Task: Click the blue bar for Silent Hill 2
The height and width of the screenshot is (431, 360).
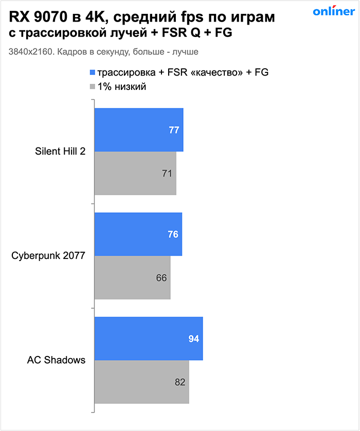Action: tap(139, 130)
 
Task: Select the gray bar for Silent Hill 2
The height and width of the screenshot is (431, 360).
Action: tap(135, 173)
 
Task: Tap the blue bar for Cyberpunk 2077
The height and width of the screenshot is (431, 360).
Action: tap(138, 234)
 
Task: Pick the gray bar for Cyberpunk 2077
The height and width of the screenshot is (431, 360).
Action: tap(132, 277)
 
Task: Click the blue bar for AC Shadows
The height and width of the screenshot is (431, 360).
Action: tap(149, 339)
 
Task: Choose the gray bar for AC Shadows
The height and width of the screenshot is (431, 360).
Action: tap(141, 382)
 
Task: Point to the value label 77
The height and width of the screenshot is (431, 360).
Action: tap(174, 130)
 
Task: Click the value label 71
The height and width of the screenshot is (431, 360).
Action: tap(167, 174)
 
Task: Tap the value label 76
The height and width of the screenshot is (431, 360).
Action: tap(173, 234)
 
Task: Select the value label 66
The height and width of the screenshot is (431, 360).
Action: tap(161, 278)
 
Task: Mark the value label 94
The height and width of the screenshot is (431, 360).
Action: tap(193, 339)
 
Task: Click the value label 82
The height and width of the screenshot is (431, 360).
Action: tap(179, 382)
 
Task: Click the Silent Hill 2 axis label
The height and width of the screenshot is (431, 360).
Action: tap(60, 152)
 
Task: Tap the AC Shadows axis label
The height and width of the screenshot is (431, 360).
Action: tap(56, 360)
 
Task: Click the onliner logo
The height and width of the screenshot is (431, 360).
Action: tap(333, 12)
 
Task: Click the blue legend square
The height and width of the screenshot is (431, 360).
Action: tap(93, 72)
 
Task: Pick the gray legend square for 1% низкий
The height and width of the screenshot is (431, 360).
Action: tap(93, 87)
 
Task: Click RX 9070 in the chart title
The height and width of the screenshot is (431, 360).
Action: tap(37, 18)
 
